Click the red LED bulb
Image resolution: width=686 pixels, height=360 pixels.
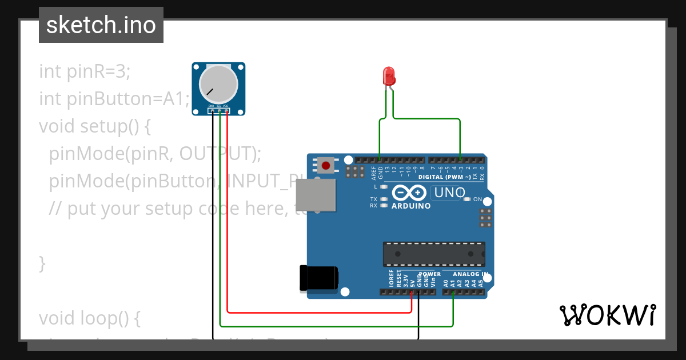click(389, 76)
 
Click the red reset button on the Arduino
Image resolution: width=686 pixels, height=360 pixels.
click(326, 166)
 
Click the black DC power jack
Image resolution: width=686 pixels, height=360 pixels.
click(318, 279)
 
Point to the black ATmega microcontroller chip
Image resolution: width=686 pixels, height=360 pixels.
click(434, 254)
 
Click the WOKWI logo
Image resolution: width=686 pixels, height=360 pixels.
click(607, 315)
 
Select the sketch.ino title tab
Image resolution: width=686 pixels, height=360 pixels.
click(101, 25)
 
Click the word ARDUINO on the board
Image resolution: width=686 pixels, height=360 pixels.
click(411, 206)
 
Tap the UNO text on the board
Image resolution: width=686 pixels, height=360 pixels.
click(450, 193)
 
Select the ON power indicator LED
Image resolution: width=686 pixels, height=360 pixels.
click(467, 199)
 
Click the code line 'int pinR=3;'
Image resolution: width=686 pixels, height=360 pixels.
click(85, 71)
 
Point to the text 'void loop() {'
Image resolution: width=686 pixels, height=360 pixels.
click(90, 318)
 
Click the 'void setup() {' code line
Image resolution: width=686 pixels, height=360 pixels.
click(95, 126)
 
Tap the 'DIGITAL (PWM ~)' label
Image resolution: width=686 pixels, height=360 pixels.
click(445, 177)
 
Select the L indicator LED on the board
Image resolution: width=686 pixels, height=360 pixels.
click(384, 186)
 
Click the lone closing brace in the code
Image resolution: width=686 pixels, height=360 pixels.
click(42, 263)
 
